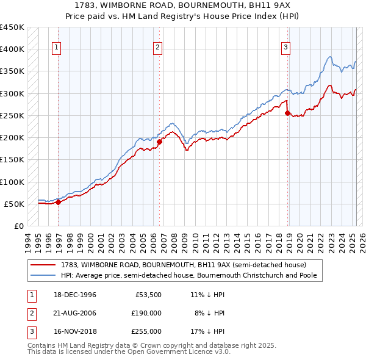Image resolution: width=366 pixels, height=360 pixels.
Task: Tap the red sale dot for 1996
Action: tap(59, 203)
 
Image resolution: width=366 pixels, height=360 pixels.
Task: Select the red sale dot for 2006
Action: tap(160, 142)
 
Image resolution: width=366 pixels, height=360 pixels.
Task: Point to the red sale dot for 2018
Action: tap(287, 113)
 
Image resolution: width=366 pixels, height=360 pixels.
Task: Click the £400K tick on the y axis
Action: tap(12, 49)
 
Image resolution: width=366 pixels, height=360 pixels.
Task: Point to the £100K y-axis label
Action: tap(12, 182)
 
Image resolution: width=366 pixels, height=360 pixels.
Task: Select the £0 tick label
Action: tap(18, 226)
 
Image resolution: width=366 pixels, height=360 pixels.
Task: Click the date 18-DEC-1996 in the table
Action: tap(76, 295)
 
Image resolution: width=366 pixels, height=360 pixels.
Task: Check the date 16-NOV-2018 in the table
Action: tap(76, 331)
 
